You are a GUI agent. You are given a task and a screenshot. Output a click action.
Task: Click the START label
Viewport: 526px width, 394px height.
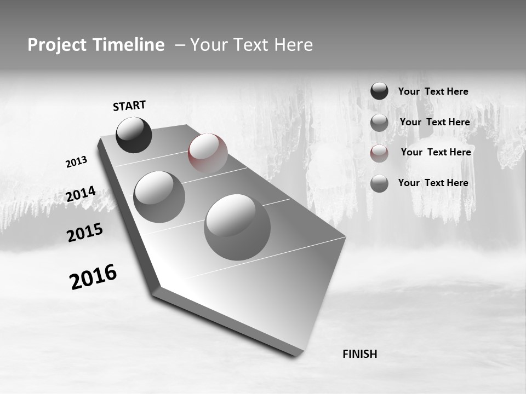coord(129,106)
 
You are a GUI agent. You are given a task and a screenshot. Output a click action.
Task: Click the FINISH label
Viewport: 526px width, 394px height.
coord(359,354)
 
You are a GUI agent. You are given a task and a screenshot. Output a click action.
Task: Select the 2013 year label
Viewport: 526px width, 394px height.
coord(76,162)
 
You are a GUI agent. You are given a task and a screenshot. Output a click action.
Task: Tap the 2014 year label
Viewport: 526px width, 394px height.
coord(81,194)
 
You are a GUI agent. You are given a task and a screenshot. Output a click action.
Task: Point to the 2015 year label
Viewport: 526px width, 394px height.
coord(84,233)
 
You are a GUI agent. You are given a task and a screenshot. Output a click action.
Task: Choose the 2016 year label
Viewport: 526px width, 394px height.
coord(93,277)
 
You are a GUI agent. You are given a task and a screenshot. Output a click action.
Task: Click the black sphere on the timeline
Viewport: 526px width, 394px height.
coord(134,135)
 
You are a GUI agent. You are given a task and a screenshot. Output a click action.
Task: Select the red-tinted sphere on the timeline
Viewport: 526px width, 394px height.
coord(208,153)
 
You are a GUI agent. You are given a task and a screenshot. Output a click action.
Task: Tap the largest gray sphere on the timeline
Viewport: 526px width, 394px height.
coord(237,227)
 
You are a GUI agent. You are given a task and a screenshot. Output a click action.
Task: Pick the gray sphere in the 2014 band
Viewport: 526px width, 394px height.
coord(159,196)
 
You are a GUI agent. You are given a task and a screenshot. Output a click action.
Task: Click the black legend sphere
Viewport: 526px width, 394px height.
coord(379,91)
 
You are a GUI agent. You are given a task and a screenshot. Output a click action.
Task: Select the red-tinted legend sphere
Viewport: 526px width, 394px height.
coord(379,153)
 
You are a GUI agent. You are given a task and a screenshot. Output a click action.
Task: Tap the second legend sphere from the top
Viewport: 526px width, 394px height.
coord(379,123)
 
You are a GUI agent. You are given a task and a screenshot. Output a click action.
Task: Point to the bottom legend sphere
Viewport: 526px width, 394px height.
coord(379,183)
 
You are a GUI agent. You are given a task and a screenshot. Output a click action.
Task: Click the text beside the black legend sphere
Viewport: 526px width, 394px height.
coord(433,92)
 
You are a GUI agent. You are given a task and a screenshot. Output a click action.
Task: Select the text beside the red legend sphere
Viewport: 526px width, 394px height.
coord(436,152)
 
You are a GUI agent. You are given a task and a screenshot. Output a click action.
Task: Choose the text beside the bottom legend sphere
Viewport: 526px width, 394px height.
coord(433,183)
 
